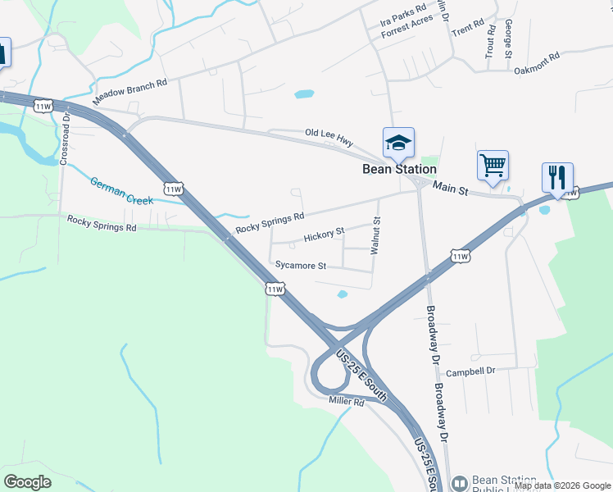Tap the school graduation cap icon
tap(398, 143)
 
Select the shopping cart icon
tap(493, 165)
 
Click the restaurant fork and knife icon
tap(557, 176)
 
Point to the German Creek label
tap(121, 190)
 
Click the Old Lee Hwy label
tap(329, 136)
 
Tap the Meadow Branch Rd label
tap(130, 91)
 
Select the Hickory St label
tap(324, 235)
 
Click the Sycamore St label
tap(301, 266)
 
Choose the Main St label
tap(450, 189)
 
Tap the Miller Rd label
tap(346, 401)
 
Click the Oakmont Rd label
tap(536, 62)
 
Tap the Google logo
tap(28, 481)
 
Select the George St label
tap(509, 39)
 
